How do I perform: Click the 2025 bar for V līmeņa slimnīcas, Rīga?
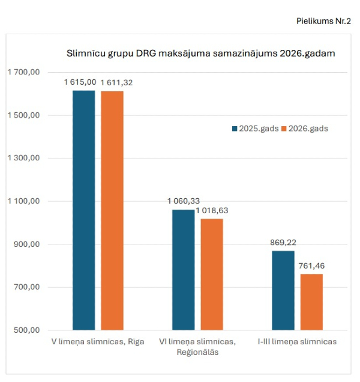pos(84,210)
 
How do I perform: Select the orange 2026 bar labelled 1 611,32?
pos(112,210)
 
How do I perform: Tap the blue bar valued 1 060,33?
pos(184,270)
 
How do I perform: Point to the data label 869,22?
pos(283,243)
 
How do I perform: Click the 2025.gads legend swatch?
pos(235,129)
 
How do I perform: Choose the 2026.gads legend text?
pos(308,129)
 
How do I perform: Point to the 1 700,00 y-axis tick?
pos(23,72)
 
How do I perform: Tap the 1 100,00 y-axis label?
pos(23,201)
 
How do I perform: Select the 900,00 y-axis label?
pos(27,244)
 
